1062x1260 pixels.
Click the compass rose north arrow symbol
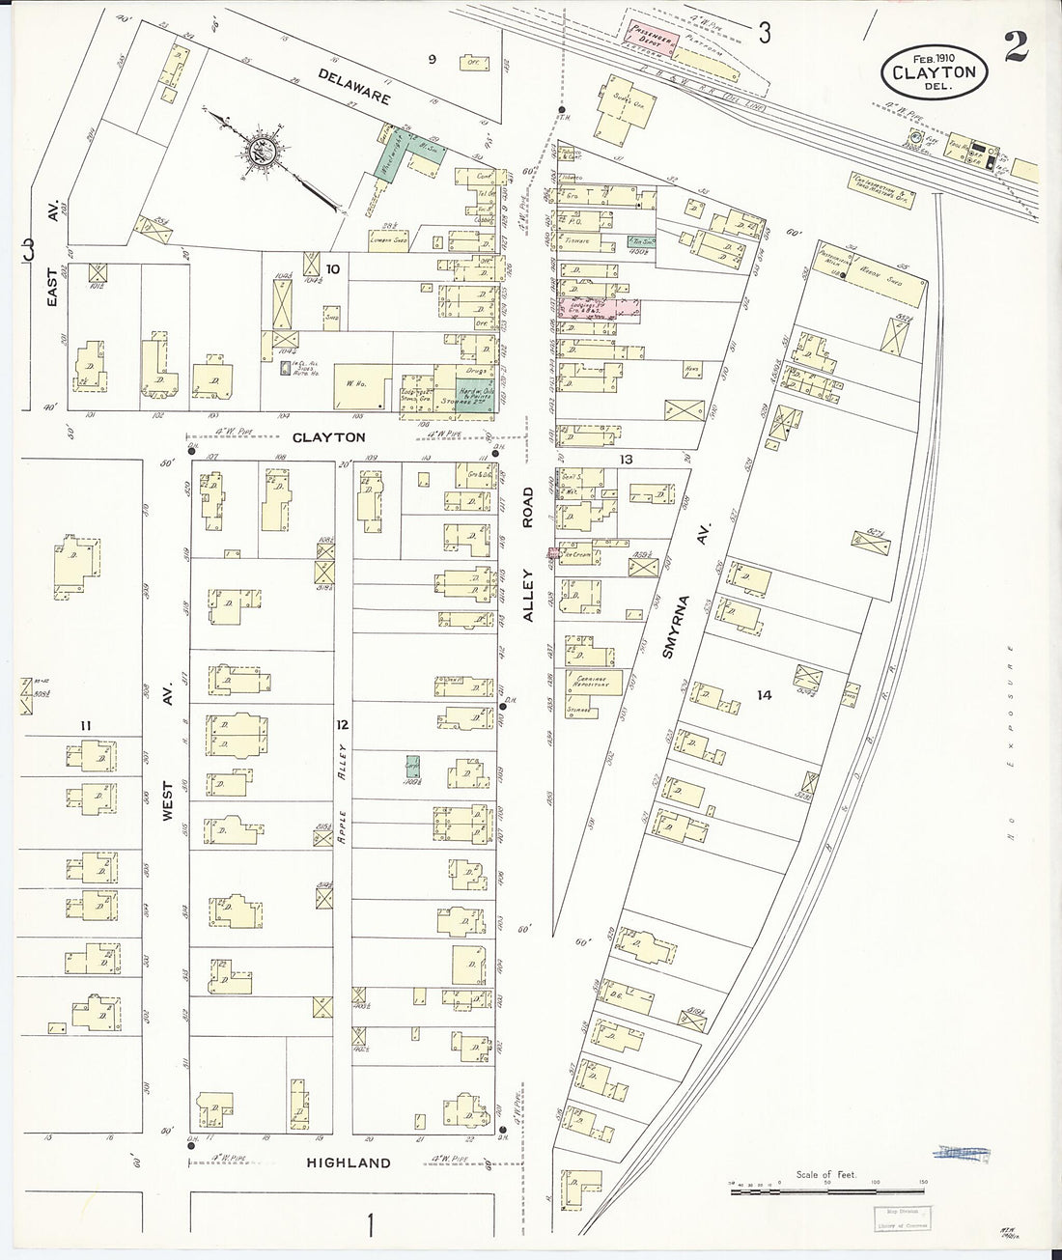pos(259,150)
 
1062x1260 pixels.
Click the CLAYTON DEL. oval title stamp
pos(934,72)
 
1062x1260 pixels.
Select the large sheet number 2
pos(1015,46)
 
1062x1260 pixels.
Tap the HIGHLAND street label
pos(349,1162)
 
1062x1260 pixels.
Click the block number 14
pos(765,694)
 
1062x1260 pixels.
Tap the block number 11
pos(86,725)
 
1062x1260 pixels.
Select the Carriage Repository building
pos(592,681)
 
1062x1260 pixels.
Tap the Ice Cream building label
pos(579,555)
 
